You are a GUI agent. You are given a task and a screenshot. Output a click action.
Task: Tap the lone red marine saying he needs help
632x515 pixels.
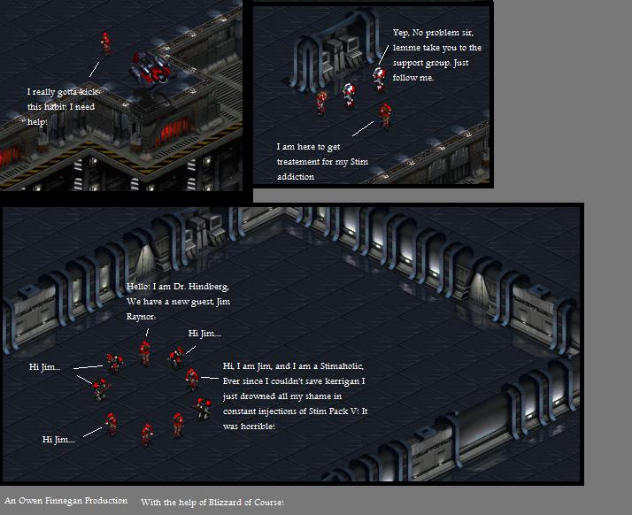point(106,43)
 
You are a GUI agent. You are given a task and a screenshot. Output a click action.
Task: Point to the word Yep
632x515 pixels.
point(400,33)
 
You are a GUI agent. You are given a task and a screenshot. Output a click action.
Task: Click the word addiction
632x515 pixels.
point(296,176)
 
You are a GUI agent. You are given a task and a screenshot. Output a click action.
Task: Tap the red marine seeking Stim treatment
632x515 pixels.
point(385,116)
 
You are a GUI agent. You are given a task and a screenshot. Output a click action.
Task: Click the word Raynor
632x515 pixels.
point(141,317)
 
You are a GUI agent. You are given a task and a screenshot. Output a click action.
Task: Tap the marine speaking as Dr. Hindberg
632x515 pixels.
point(144,353)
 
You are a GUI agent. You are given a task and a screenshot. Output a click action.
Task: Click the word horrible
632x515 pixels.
point(258,427)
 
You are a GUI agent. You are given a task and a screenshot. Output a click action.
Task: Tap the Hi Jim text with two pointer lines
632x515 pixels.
point(44,367)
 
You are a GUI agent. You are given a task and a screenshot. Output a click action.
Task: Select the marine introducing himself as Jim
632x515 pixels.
point(192,379)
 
